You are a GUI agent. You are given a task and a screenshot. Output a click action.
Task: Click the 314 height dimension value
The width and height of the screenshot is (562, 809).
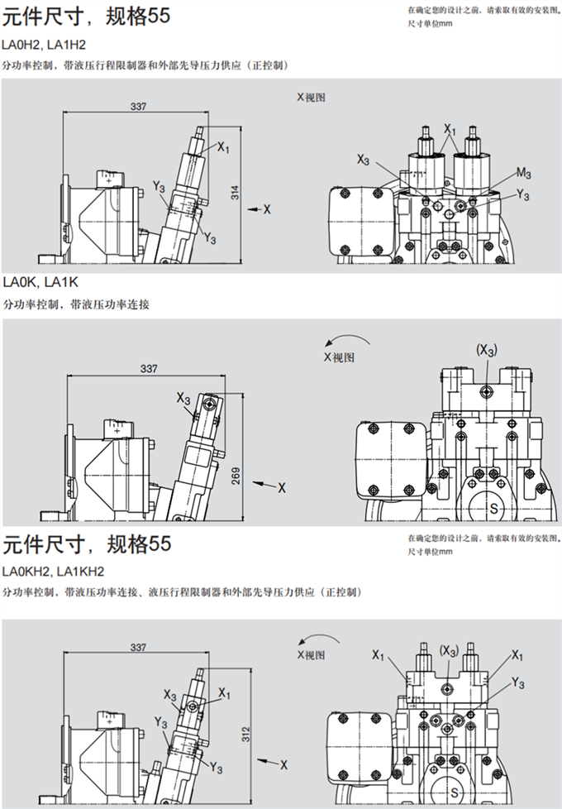pyautogui.click(x=235, y=194)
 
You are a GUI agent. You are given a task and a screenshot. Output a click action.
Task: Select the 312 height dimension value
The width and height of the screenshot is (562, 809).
pyautogui.click(x=245, y=739)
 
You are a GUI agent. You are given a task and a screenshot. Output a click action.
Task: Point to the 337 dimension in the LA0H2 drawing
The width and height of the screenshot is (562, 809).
pyautogui.click(x=139, y=106)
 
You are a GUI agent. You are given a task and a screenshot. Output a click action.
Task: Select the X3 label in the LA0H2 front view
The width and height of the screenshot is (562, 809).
pyautogui.click(x=364, y=158)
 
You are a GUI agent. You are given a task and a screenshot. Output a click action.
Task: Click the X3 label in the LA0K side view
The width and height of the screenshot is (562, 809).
pyautogui.click(x=183, y=398)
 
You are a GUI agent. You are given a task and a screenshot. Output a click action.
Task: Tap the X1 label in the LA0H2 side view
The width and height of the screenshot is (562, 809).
pyautogui.click(x=223, y=147)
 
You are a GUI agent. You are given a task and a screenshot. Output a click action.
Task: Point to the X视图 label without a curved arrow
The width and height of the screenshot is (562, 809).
pyautogui.click(x=312, y=97)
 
